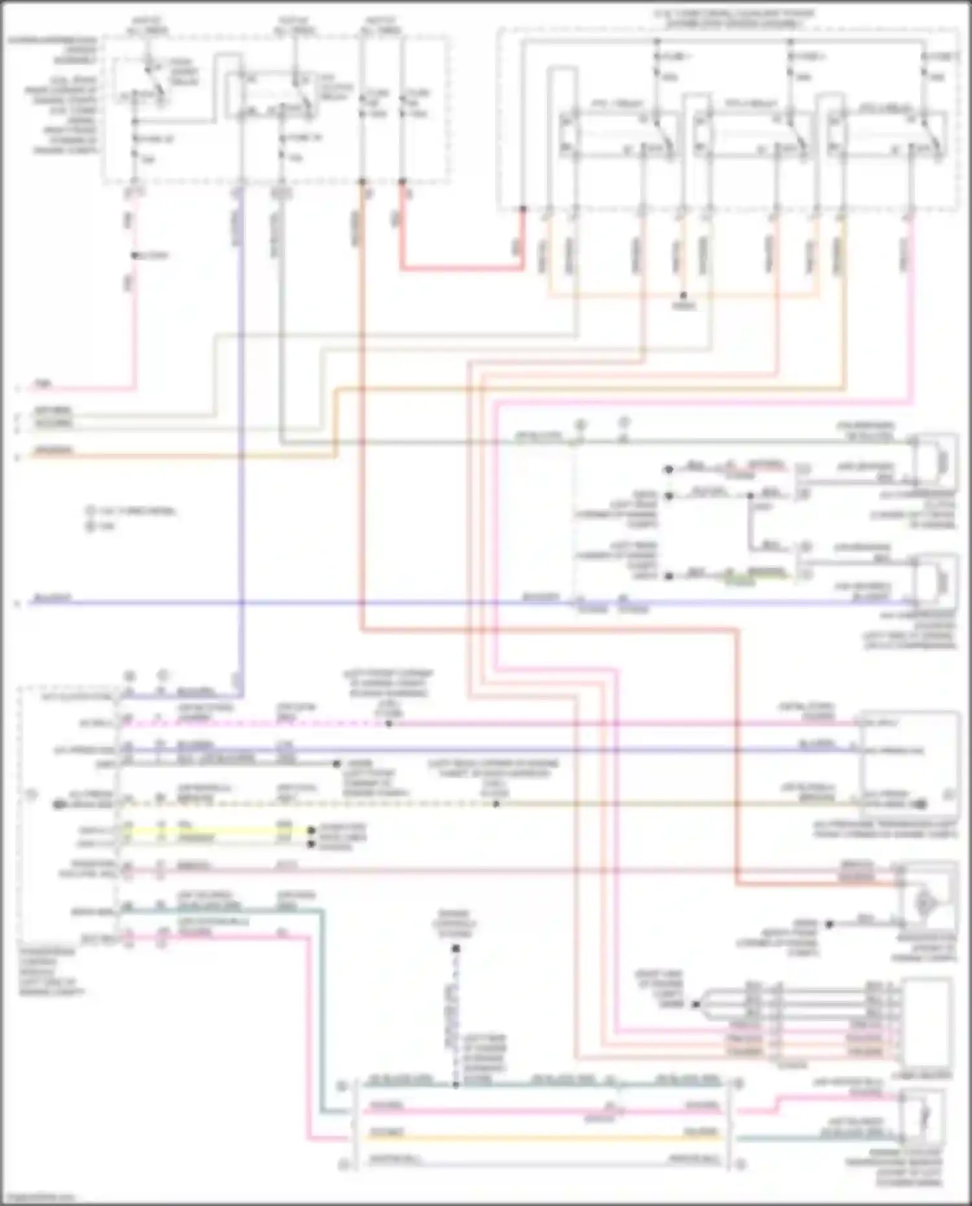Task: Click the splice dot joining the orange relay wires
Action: [x=683, y=296]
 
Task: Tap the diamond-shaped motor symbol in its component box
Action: [x=926, y=903]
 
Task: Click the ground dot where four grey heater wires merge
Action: [x=695, y=1005]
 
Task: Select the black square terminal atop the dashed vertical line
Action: [x=456, y=949]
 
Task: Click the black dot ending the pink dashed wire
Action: [x=389, y=723]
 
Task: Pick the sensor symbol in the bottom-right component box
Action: [x=925, y=1115]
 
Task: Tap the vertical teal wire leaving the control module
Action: [x=320, y=1011]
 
